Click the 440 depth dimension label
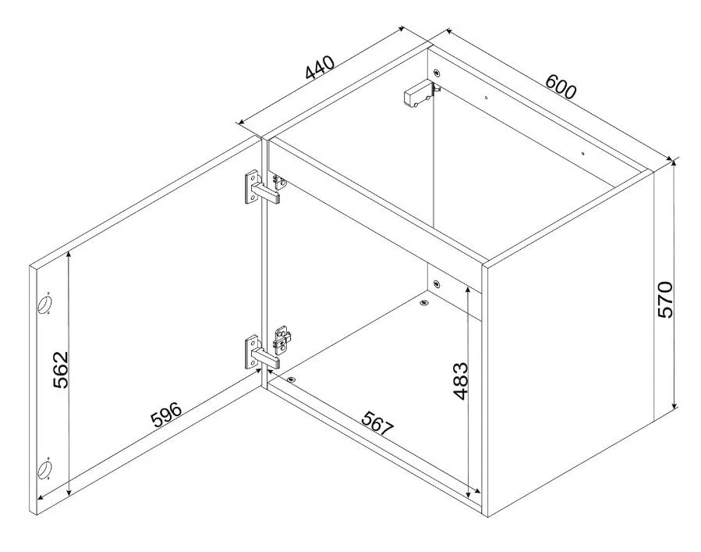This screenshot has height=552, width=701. click(320, 67)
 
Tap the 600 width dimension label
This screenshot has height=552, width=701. click(561, 86)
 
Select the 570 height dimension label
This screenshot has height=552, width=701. click(665, 300)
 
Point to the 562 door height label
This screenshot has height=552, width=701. click(60, 370)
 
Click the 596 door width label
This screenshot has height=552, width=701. click(166, 415)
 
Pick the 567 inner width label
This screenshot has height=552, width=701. click(377, 423)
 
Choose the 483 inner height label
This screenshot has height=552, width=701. click(460, 380)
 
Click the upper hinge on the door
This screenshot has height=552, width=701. click(263, 188)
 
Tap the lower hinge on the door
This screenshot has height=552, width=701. click(263, 354)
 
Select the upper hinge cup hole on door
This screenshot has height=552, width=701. click(44, 304)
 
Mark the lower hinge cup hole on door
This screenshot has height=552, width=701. click(44, 469)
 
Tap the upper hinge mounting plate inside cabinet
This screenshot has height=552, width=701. click(280, 181)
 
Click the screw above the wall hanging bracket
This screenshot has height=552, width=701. click(437, 72)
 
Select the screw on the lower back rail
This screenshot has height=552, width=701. click(437, 283)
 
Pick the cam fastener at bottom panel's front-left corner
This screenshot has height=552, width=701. click(292, 379)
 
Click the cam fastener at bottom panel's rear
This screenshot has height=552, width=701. click(424, 303)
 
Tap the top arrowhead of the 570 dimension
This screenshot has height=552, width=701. click(675, 162)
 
